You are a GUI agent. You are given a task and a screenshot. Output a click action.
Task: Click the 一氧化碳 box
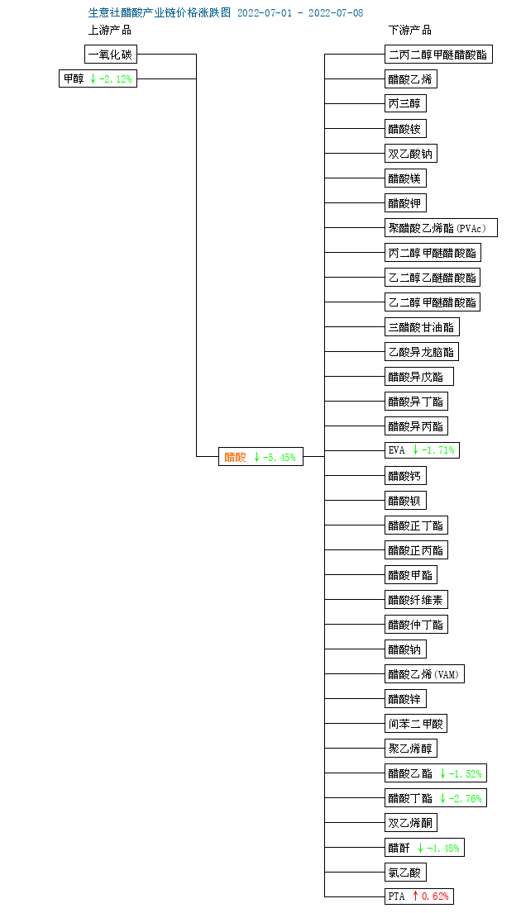(x=111, y=55)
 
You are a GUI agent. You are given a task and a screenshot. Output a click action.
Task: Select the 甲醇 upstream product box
(x=98, y=78)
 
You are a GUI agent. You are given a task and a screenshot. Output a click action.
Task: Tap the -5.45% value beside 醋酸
(x=280, y=457)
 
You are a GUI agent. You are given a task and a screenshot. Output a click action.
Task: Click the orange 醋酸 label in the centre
(x=236, y=457)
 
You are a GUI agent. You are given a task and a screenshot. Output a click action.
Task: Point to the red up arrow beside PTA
(x=415, y=896)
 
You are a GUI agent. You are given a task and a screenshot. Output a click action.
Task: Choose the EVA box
(x=422, y=449)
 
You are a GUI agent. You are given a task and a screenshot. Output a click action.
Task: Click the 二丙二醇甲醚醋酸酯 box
(x=439, y=55)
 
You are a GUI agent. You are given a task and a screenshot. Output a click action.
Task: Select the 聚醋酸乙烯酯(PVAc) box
(x=441, y=227)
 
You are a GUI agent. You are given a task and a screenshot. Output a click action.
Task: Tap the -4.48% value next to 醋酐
(x=443, y=848)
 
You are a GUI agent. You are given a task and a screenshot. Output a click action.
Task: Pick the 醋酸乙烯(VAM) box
(x=425, y=674)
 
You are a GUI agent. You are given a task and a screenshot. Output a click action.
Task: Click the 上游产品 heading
(x=109, y=30)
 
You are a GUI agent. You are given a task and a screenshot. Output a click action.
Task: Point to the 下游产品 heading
(x=409, y=30)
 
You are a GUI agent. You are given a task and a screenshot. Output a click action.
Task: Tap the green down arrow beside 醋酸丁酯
(x=443, y=797)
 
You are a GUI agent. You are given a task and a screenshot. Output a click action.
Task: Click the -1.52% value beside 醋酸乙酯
(x=466, y=773)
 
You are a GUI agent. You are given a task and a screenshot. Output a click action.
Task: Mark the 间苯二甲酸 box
(x=416, y=724)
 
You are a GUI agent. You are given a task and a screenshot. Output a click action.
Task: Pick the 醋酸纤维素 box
(x=416, y=600)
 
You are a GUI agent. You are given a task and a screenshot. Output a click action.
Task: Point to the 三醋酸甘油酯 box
(x=422, y=326)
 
